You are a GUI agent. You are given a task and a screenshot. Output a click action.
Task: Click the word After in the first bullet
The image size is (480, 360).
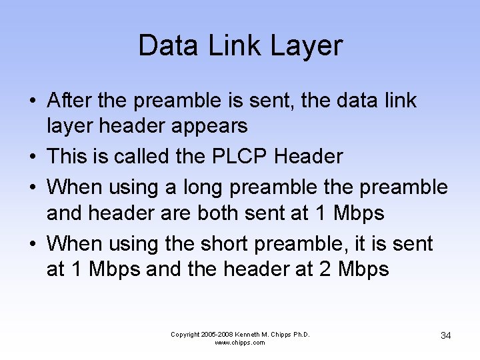click(69, 101)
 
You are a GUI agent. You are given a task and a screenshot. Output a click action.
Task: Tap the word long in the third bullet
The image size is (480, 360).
click(201, 187)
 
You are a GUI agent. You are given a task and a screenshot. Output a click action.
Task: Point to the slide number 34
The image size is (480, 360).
click(446, 335)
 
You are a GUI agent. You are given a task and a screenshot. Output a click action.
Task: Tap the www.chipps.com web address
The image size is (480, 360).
click(240, 343)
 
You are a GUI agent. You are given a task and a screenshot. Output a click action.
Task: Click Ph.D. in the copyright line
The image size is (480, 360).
click(301, 334)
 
